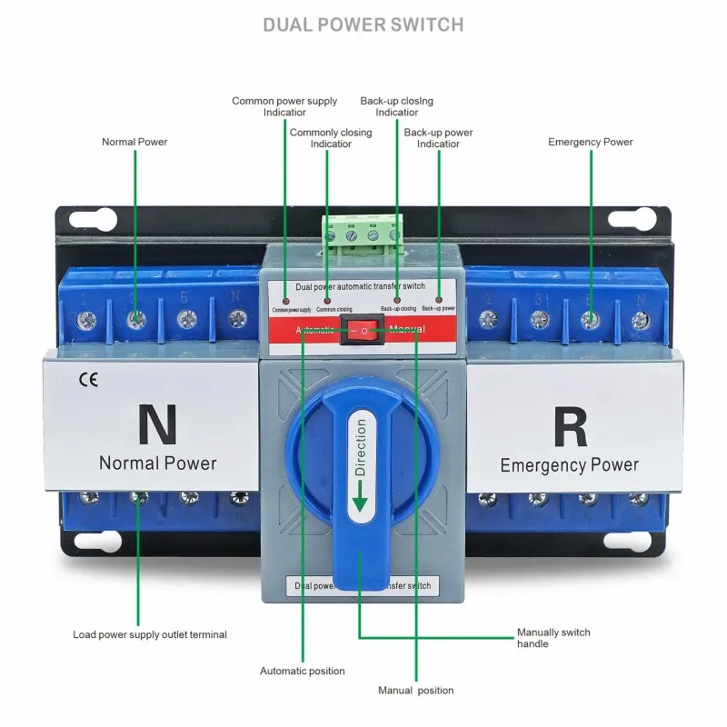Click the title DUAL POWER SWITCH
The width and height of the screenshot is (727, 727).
click(x=363, y=25)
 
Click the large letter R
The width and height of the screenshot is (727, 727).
click(x=570, y=429)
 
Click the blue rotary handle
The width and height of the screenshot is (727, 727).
click(x=360, y=491)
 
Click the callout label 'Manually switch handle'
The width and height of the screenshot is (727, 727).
click(x=553, y=638)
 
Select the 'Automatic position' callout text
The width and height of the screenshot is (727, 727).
click(x=303, y=672)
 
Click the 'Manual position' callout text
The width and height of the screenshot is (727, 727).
click(x=415, y=691)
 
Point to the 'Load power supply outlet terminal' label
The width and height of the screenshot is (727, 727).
click(x=150, y=634)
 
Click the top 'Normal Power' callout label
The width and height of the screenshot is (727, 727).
click(x=134, y=142)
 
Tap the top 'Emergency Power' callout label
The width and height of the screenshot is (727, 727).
click(x=591, y=142)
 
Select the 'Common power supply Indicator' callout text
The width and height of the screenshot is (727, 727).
click(x=284, y=106)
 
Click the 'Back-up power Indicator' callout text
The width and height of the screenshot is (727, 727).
click(x=438, y=138)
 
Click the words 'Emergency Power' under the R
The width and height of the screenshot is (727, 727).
click(x=570, y=465)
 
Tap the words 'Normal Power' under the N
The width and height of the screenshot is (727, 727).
click(x=158, y=463)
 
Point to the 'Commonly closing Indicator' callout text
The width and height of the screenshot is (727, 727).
click(x=331, y=138)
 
